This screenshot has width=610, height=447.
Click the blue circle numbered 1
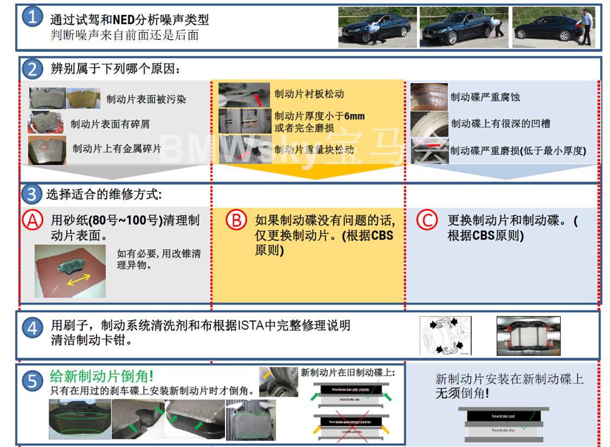[32, 18]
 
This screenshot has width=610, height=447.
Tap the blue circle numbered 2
[32, 69]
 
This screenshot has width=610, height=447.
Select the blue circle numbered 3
[32, 193]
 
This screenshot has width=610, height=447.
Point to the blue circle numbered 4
[32, 328]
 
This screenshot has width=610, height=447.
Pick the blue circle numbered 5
[32, 380]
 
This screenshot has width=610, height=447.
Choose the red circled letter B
[235, 221]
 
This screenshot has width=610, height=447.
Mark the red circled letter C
[427, 221]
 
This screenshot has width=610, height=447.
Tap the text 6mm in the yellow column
[355, 116]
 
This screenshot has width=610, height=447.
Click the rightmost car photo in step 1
[554, 27]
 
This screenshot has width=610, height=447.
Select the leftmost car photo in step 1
[377, 27]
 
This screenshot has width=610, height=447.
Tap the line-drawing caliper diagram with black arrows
[446, 336]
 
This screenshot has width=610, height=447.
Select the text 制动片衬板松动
[309, 94]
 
